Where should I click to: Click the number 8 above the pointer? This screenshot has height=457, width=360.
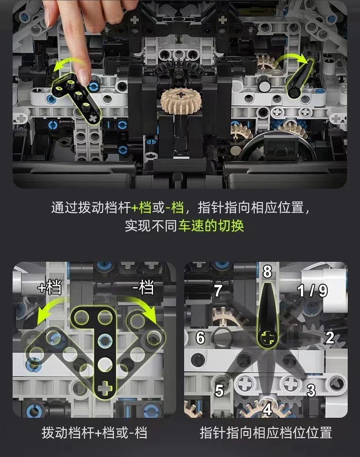pos(267,272)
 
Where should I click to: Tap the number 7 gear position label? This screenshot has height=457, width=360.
pos(218,291)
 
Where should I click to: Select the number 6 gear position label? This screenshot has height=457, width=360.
pos(200,338)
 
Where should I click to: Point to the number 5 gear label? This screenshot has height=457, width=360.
pos(220,391)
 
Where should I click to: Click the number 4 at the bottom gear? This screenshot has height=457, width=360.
pos(267,409)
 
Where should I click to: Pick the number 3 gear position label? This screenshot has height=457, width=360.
pos(311,391)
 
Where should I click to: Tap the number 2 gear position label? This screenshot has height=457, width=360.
pos(330,338)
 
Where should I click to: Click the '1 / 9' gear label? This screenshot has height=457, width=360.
pos(312,290)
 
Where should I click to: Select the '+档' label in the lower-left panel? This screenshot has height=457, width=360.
pos(50,288)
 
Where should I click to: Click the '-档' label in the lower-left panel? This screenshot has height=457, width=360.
pos(143,288)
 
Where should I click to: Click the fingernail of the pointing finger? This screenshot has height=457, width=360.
pos(84,76)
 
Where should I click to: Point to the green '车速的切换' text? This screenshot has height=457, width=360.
pos(211,226)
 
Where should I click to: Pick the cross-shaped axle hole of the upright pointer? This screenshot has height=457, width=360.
pos(267,338)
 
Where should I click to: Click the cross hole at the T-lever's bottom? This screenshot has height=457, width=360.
pos(105,389)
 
